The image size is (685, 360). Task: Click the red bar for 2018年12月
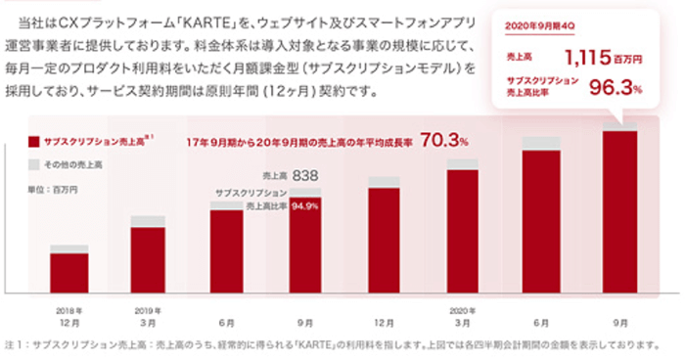pyautogui.click(x=69, y=273)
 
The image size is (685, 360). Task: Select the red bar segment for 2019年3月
pyautogui.click(x=149, y=259)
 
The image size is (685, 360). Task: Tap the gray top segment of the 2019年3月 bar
pyautogui.click(x=149, y=221)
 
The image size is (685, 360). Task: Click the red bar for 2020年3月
pyautogui.click(x=463, y=231)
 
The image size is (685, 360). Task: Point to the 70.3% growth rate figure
pyautogui.click(x=443, y=142)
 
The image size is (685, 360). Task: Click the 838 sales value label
pyautogui.click(x=306, y=175)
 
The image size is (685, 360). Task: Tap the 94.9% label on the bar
pyautogui.click(x=306, y=206)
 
